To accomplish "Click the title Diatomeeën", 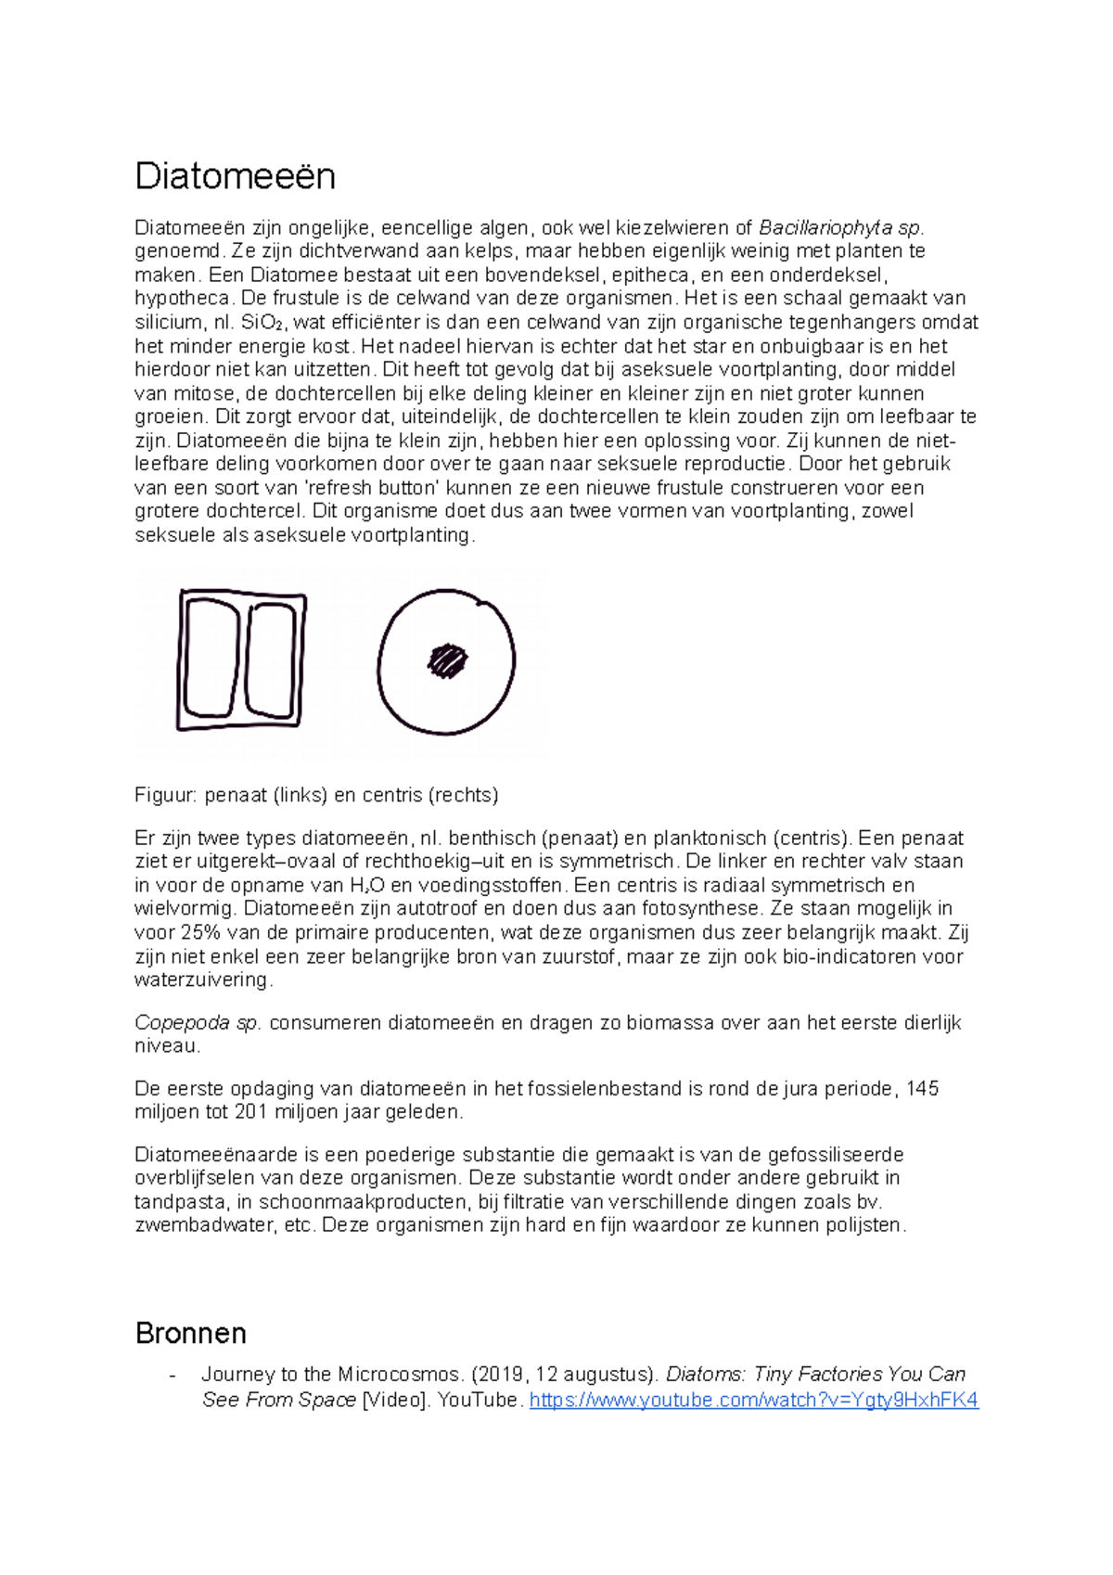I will pyautogui.click(x=235, y=175).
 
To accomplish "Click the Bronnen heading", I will pyautogui.click(x=190, y=1333).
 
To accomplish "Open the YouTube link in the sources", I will pyautogui.click(x=753, y=1400).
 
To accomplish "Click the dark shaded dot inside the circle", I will pyautogui.click(x=446, y=660).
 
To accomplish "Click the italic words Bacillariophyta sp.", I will pyautogui.click(x=840, y=228).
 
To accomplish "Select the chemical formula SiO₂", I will pyautogui.click(x=262, y=323).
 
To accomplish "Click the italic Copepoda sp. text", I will pyautogui.click(x=198, y=1023).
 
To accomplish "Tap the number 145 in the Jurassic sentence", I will pyautogui.click(x=922, y=1089).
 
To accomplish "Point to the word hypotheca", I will pyautogui.click(x=182, y=299).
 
